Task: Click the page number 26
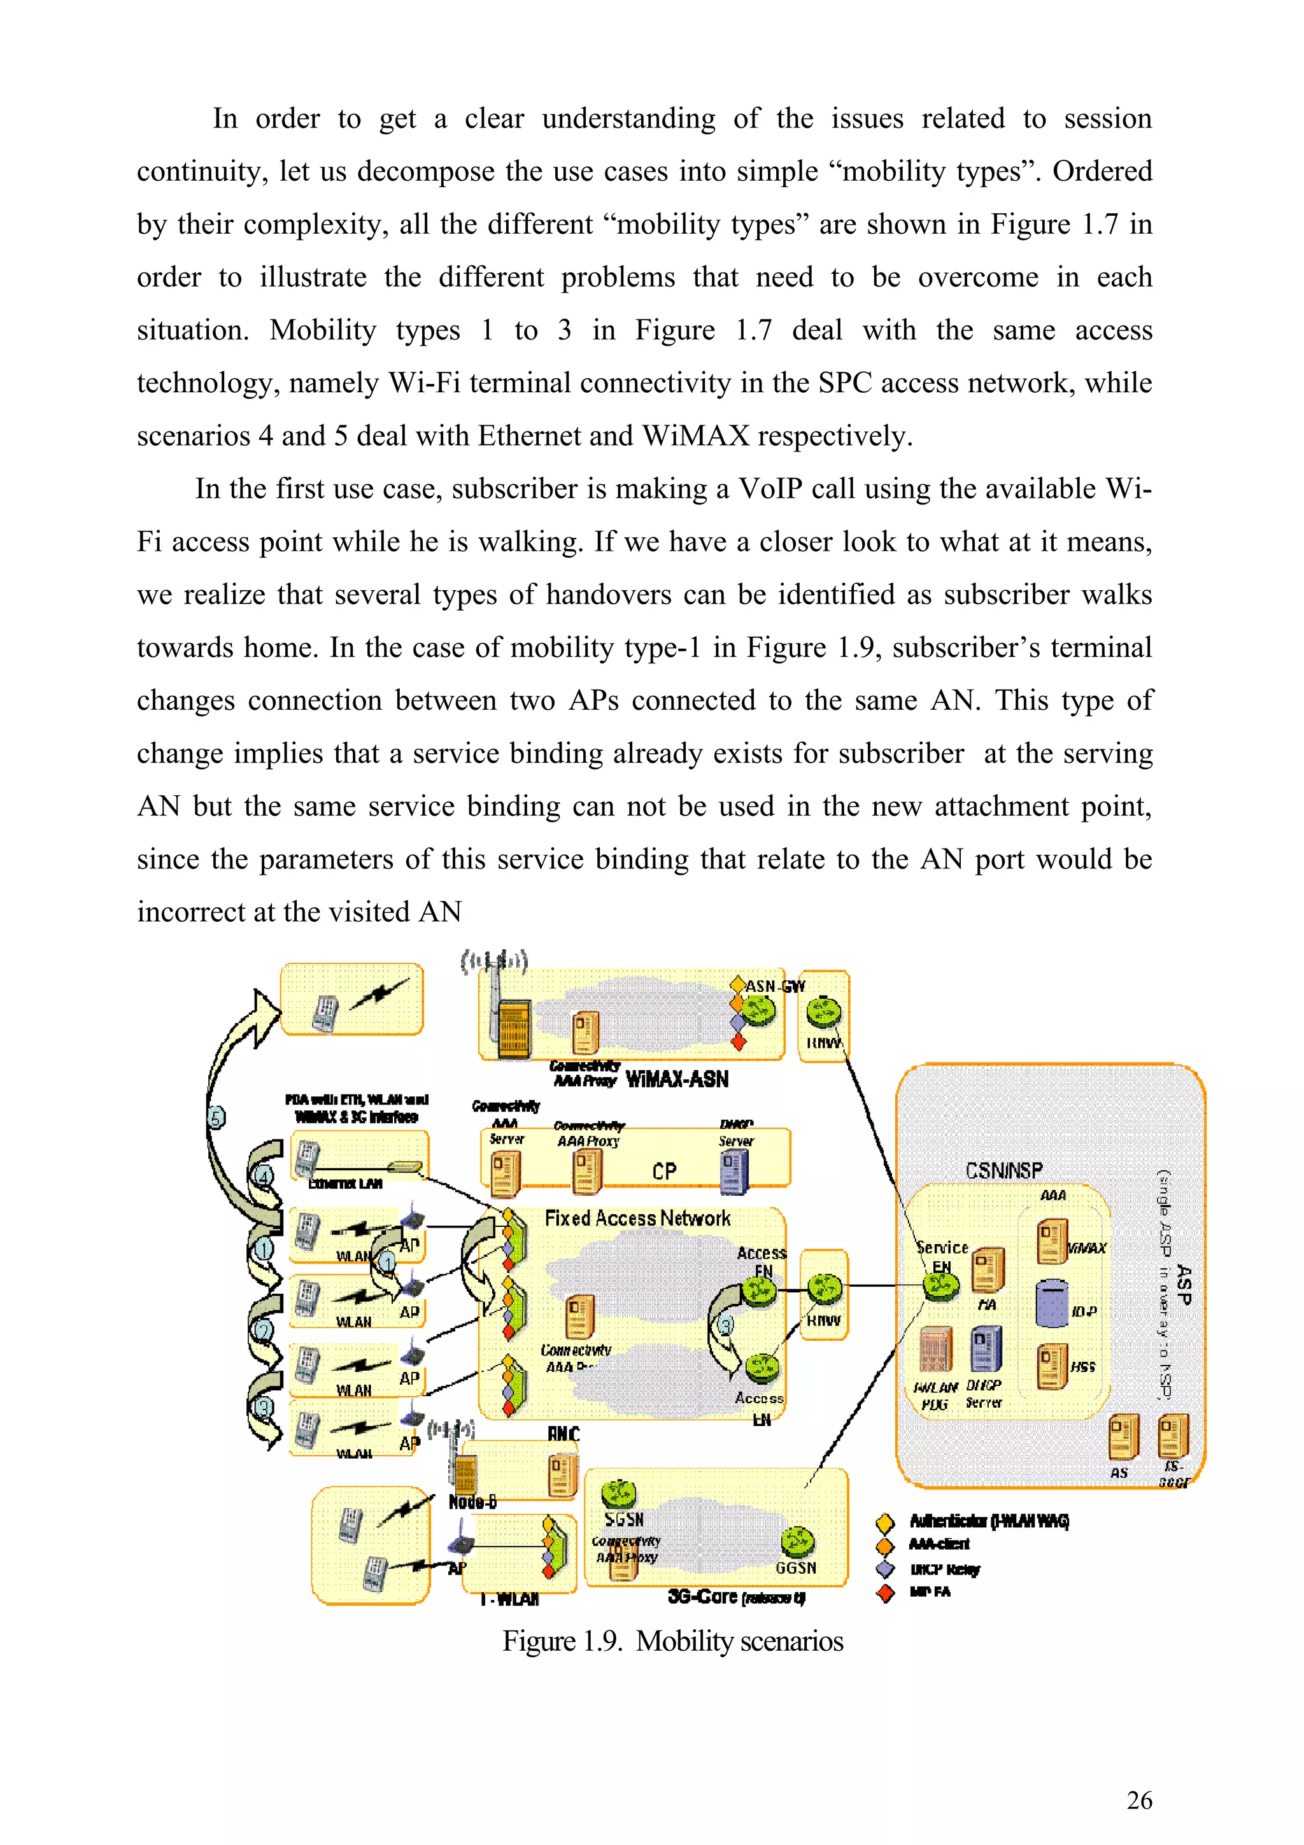click(x=1138, y=1800)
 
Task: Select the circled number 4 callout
click(x=264, y=1177)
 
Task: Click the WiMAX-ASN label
click(x=676, y=1079)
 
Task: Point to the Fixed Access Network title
click(x=637, y=1218)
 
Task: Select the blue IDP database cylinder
click(x=1051, y=1303)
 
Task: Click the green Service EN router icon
click(x=940, y=1287)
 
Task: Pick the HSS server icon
click(x=1052, y=1367)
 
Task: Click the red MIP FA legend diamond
click(x=886, y=1593)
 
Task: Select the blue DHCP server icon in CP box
click(x=734, y=1171)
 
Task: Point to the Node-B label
click(x=472, y=1502)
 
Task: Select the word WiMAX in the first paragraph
click(x=695, y=435)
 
